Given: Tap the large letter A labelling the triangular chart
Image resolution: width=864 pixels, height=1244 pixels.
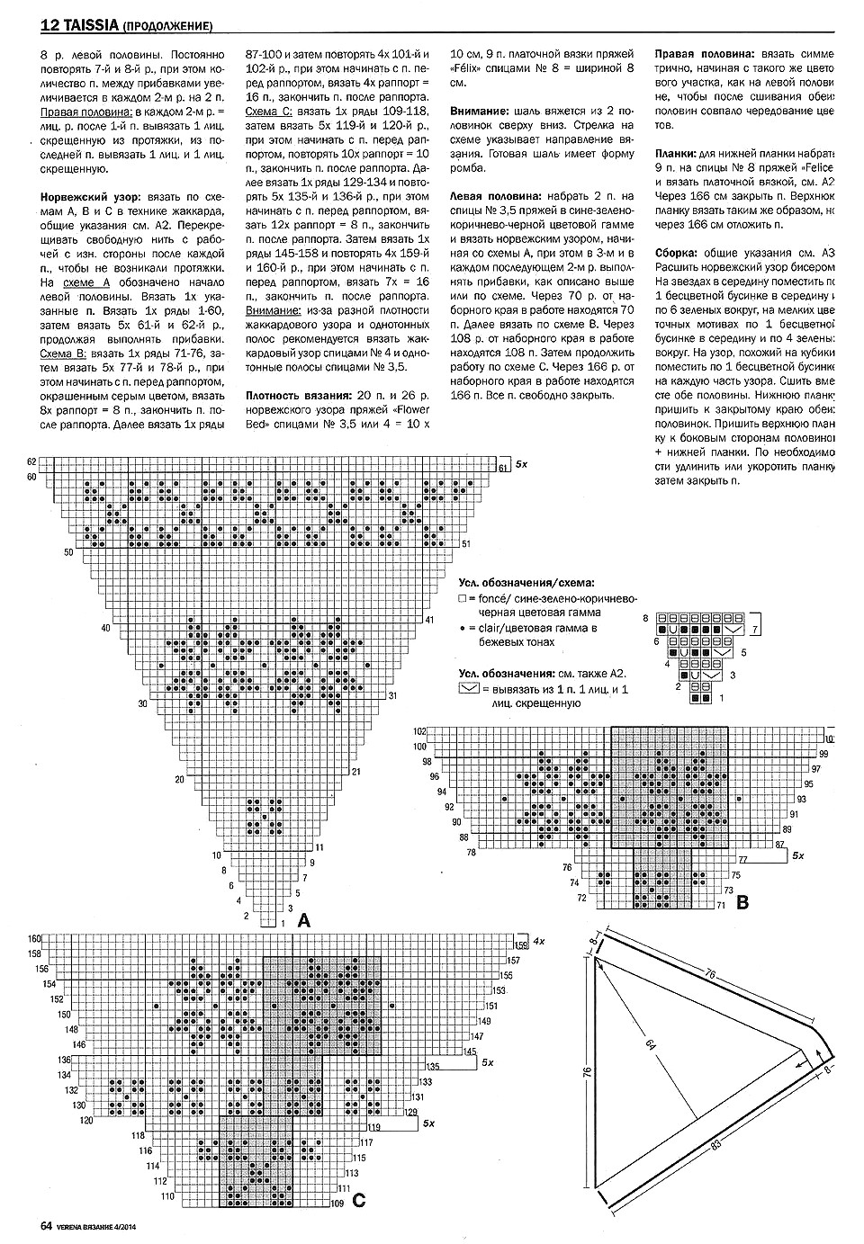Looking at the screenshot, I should (x=302, y=921).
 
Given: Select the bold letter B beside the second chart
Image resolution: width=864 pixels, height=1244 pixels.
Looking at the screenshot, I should (x=742, y=902).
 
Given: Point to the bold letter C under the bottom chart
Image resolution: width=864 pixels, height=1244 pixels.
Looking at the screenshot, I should (x=359, y=1199).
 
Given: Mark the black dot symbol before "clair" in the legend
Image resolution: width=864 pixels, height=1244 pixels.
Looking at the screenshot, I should (x=462, y=628).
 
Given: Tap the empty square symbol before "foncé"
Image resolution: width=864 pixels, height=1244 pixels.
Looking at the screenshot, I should (x=462, y=597).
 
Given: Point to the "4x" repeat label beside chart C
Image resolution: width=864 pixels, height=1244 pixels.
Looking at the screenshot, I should (x=538, y=940).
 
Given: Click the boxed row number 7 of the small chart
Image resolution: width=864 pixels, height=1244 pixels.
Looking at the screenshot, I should (x=755, y=629).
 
